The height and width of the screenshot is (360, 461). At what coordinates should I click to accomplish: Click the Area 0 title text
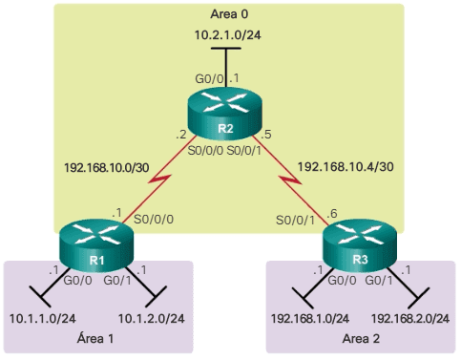pyautogui.click(x=230, y=15)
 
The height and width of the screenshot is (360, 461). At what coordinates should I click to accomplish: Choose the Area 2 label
pyautogui.click(x=361, y=338)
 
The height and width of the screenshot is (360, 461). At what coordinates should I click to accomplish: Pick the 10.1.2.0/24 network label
pyautogui.click(x=150, y=317)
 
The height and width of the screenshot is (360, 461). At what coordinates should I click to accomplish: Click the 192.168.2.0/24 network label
pyautogui.click(x=409, y=317)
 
